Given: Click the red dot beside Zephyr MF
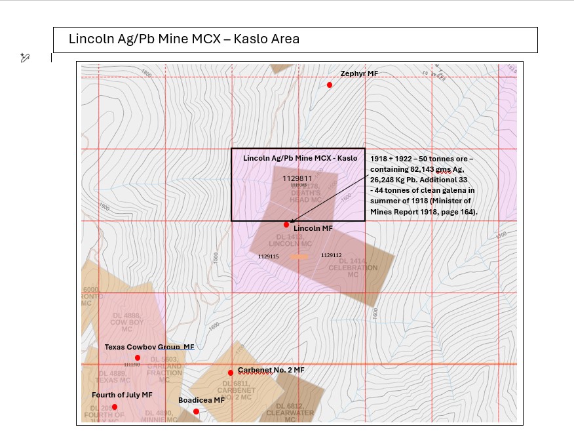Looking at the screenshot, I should [330, 85].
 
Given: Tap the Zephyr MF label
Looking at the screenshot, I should [359, 74].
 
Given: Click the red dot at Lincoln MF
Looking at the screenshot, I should [286, 224].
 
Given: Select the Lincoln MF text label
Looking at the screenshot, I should [313, 228].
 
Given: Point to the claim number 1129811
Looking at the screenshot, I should [297, 178].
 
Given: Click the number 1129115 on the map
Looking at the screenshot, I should [269, 256].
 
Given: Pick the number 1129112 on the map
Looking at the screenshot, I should [331, 255].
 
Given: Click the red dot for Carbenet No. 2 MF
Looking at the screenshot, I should [231, 373].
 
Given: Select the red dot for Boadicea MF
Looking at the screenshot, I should [196, 411].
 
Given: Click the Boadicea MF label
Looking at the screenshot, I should [201, 399].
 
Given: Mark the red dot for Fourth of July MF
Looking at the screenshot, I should [115, 407].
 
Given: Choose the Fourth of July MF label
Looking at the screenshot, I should [122, 395].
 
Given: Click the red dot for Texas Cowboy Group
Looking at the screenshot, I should [138, 357].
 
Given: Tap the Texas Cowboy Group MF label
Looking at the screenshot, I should [149, 347].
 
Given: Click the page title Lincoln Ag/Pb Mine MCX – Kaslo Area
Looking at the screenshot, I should [184, 39].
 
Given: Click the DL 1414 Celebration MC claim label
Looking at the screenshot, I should [353, 268].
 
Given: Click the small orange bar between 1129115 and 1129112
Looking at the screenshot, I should [299, 256].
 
